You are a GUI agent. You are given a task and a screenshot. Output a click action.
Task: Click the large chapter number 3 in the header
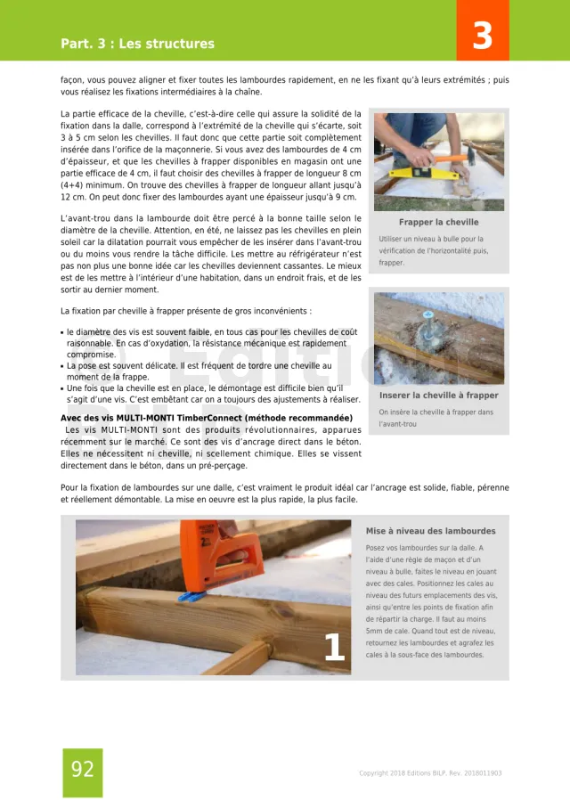[482, 36]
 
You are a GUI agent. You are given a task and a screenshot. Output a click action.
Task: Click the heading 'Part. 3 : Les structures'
[137, 44]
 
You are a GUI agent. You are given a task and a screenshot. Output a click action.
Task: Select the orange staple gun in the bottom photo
[208, 553]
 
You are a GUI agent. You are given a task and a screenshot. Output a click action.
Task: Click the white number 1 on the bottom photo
[334, 648]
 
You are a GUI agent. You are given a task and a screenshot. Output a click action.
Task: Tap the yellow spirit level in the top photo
[419, 169]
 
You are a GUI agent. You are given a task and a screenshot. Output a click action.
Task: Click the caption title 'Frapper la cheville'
[438, 222]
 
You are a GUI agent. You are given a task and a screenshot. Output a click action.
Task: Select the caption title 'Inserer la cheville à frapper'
[439, 395]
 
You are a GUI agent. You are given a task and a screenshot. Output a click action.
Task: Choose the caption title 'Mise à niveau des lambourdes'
[430, 531]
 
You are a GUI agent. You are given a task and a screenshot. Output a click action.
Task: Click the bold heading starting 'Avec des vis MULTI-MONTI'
[206, 418]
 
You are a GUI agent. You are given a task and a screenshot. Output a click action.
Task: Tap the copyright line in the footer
[430, 773]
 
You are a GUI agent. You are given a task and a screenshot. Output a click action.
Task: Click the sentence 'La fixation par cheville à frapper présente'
[185, 311]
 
